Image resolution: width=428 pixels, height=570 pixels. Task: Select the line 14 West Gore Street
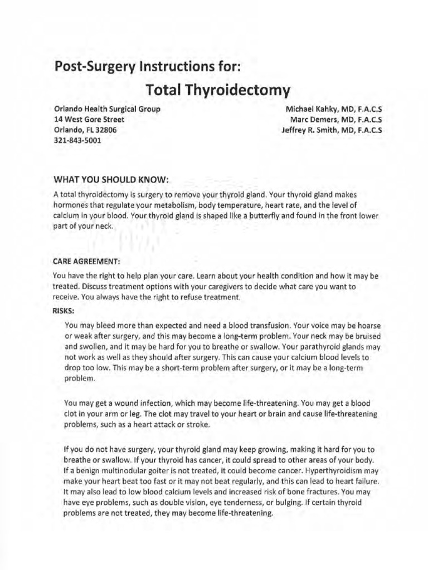(89, 119)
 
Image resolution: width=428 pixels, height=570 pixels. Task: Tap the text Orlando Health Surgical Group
(107, 109)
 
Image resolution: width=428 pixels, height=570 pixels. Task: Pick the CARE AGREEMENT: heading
(86, 260)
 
